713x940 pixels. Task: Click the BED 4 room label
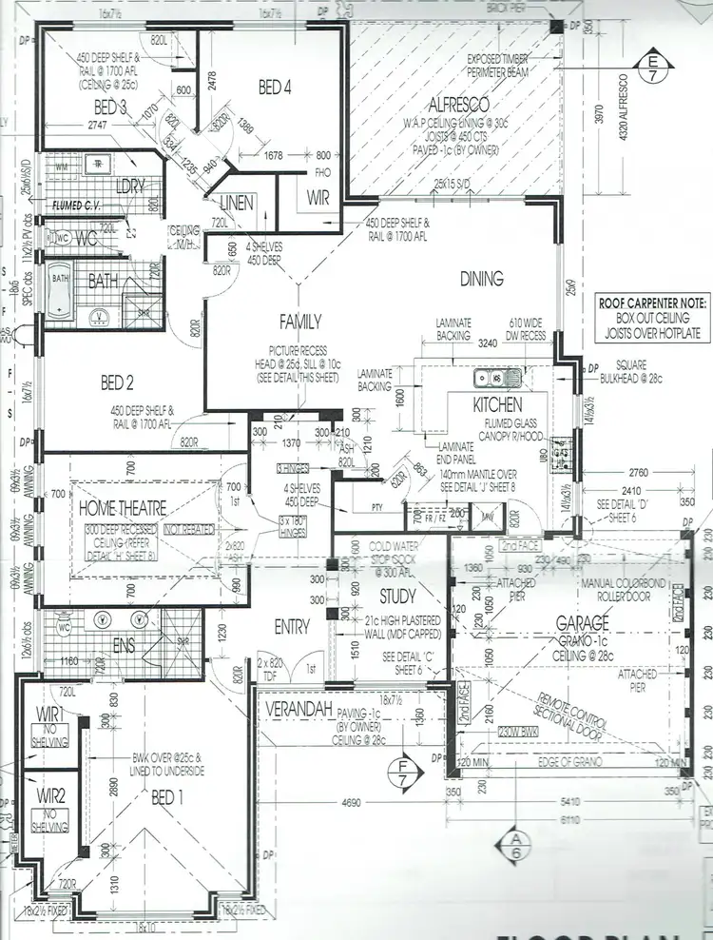coord(274,88)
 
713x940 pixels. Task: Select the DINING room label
coord(482,279)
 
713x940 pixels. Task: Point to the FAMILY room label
coord(299,322)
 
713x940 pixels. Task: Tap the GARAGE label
coord(583,624)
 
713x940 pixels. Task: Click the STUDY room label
coord(397,597)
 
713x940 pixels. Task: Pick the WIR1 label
coord(49,714)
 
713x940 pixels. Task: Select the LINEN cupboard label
coord(236,203)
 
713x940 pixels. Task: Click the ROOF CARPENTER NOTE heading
coord(652,302)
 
